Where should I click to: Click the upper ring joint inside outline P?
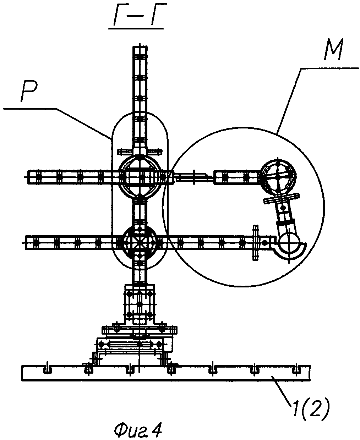tap(140, 176)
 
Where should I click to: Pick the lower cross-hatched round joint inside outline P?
tap(140, 242)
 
